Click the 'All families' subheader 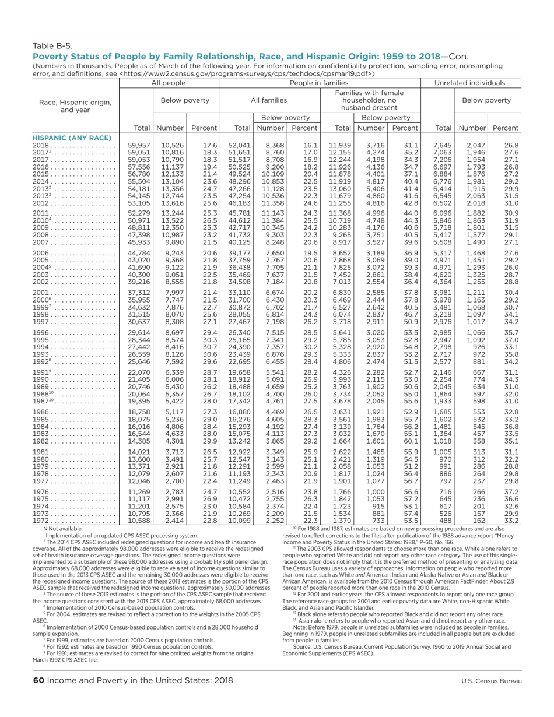[269, 101]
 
